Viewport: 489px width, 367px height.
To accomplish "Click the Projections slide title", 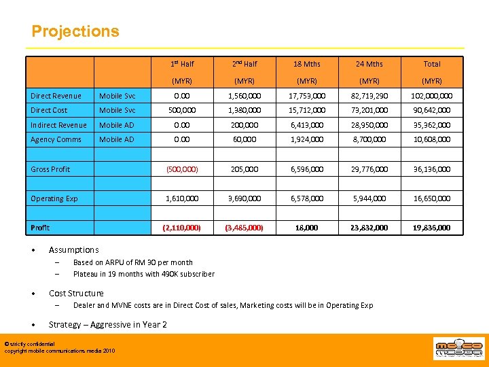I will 75,32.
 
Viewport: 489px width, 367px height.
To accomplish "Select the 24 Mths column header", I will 369,64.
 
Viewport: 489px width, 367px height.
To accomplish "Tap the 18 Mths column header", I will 307,64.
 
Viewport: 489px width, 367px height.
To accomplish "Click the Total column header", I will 432,64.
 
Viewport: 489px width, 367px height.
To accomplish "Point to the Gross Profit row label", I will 50,169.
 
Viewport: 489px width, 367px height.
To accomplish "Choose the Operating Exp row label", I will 54,198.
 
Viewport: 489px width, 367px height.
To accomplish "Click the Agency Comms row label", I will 56,139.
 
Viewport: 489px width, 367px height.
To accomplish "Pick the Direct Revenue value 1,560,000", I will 244,96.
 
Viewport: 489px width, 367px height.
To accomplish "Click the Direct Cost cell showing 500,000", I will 182,110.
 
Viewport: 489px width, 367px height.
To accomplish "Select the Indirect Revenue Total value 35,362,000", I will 432,125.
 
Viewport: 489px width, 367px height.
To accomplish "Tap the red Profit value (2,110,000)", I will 182,228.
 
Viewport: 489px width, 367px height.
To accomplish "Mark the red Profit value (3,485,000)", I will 244,228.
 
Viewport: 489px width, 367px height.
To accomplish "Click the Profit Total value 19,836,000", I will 432,228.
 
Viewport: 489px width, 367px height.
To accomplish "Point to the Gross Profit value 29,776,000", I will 369,169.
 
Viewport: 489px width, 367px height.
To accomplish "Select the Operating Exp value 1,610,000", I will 182,198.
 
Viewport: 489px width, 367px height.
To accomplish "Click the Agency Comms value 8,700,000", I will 369,139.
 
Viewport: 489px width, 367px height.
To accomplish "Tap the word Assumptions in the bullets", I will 73,250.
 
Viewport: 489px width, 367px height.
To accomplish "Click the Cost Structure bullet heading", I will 76,294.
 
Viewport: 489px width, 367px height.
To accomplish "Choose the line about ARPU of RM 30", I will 133,262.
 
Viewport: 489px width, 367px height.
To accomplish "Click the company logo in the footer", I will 460,349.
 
